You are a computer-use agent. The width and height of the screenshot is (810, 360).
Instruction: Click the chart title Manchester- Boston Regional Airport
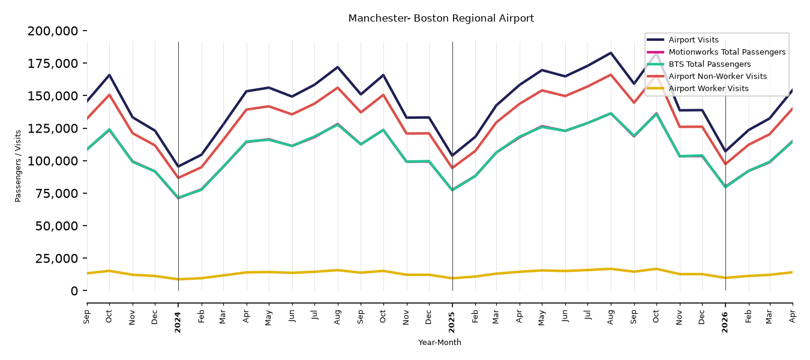[x=441, y=19]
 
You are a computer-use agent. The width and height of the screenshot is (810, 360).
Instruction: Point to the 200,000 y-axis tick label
[x=53, y=31]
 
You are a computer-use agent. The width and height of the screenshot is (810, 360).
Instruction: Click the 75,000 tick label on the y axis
[x=56, y=193]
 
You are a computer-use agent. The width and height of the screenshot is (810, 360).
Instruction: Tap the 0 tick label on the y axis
[x=74, y=290]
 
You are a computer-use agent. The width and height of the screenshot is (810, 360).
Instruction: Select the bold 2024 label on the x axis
[x=178, y=322]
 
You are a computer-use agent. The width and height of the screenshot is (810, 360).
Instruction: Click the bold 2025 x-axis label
[x=452, y=322]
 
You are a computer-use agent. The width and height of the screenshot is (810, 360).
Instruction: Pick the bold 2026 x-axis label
[x=725, y=322]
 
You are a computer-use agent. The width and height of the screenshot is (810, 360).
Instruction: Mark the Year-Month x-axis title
[x=440, y=342]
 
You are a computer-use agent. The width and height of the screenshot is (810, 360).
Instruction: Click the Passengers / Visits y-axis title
[x=18, y=166]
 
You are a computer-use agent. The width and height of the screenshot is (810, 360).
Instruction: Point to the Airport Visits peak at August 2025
[x=611, y=53]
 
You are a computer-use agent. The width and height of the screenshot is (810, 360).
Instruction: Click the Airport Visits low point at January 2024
[x=178, y=166]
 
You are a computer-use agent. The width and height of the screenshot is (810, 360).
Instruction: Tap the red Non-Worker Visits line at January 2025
[x=452, y=168]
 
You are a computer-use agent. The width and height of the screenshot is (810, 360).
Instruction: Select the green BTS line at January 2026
[x=725, y=187]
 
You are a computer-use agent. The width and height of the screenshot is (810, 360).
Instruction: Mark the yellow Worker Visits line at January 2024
[x=178, y=279]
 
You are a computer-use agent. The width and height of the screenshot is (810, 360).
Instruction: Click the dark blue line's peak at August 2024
[x=338, y=67]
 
